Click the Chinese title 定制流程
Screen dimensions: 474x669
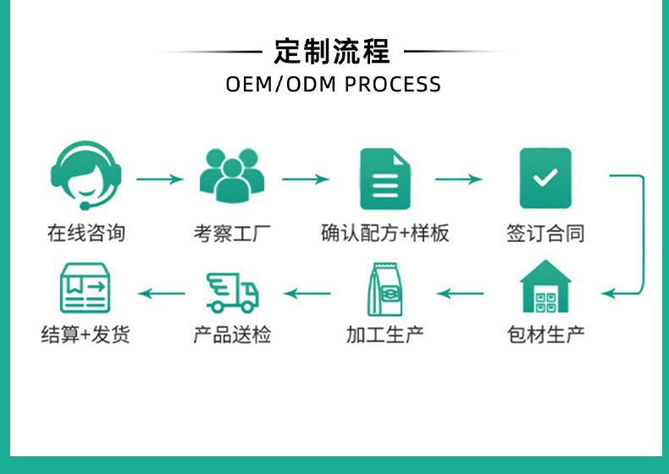(x=333, y=52)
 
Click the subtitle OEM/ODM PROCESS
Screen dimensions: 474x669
(x=333, y=85)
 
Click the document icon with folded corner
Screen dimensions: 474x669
(x=384, y=179)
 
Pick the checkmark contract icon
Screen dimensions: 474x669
(x=545, y=179)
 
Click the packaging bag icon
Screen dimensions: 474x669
(x=384, y=289)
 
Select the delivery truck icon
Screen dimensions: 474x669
(x=232, y=292)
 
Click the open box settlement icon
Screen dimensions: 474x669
(x=85, y=289)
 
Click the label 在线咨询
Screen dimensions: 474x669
(x=86, y=233)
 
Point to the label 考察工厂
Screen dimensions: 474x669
(x=232, y=233)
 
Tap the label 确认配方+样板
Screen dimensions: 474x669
(x=384, y=233)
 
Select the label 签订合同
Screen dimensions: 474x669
(x=545, y=233)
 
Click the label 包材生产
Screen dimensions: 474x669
(x=545, y=334)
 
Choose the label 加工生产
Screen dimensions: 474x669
(x=384, y=334)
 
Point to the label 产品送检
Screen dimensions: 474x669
(x=232, y=334)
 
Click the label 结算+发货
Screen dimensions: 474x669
(x=86, y=334)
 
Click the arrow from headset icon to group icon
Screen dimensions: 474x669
(x=159, y=179)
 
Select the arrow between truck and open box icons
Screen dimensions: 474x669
(x=161, y=294)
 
